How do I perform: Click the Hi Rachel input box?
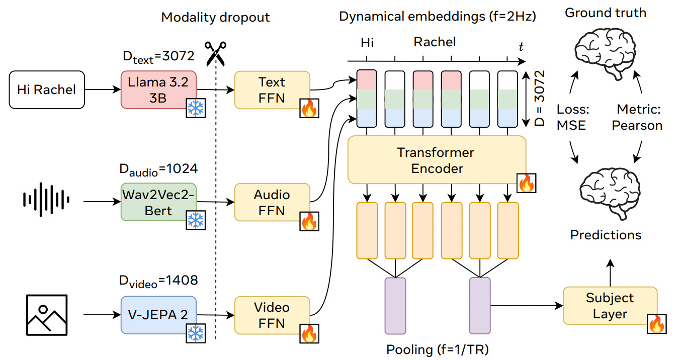point(46,90)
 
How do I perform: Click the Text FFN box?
point(272,90)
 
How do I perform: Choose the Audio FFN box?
point(272,203)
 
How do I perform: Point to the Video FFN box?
point(272,315)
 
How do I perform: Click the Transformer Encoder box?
point(436,160)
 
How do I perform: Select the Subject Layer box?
point(610,306)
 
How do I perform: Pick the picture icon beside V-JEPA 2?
point(46,315)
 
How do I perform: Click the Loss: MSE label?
point(571,117)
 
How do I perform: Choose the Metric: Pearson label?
point(637,117)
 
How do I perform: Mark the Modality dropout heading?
point(215,17)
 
